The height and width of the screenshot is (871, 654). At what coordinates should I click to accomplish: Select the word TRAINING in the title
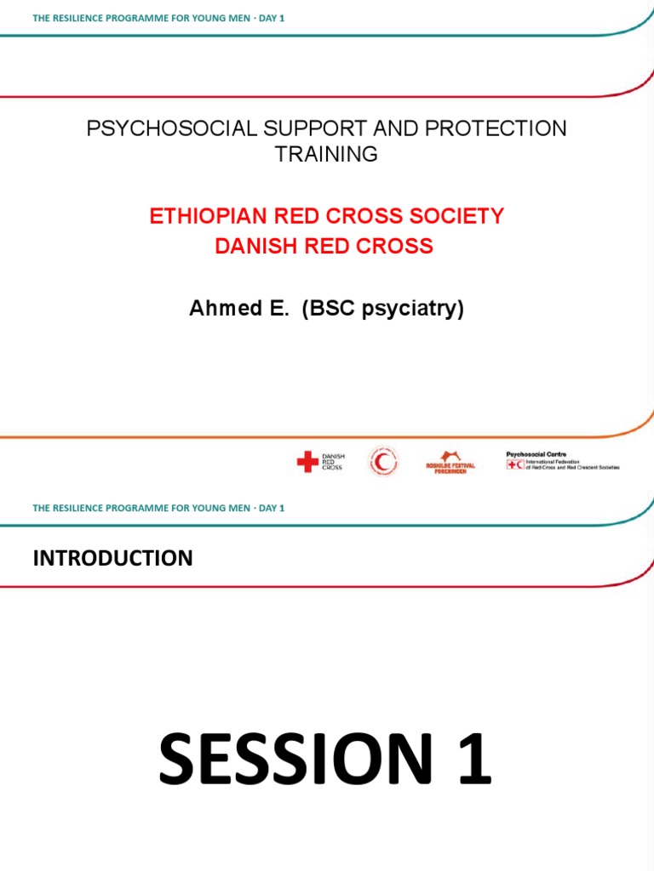click(x=326, y=154)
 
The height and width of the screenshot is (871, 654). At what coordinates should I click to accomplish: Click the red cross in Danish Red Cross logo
click(x=307, y=462)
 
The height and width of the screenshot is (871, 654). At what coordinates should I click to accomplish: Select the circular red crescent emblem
click(x=383, y=462)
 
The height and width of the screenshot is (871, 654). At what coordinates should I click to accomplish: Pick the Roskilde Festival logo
click(x=450, y=461)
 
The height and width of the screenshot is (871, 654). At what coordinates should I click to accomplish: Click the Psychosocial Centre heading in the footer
click(x=536, y=454)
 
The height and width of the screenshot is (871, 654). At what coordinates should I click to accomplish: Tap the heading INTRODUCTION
click(x=112, y=558)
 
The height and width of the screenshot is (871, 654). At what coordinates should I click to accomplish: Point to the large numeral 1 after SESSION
click(x=473, y=760)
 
